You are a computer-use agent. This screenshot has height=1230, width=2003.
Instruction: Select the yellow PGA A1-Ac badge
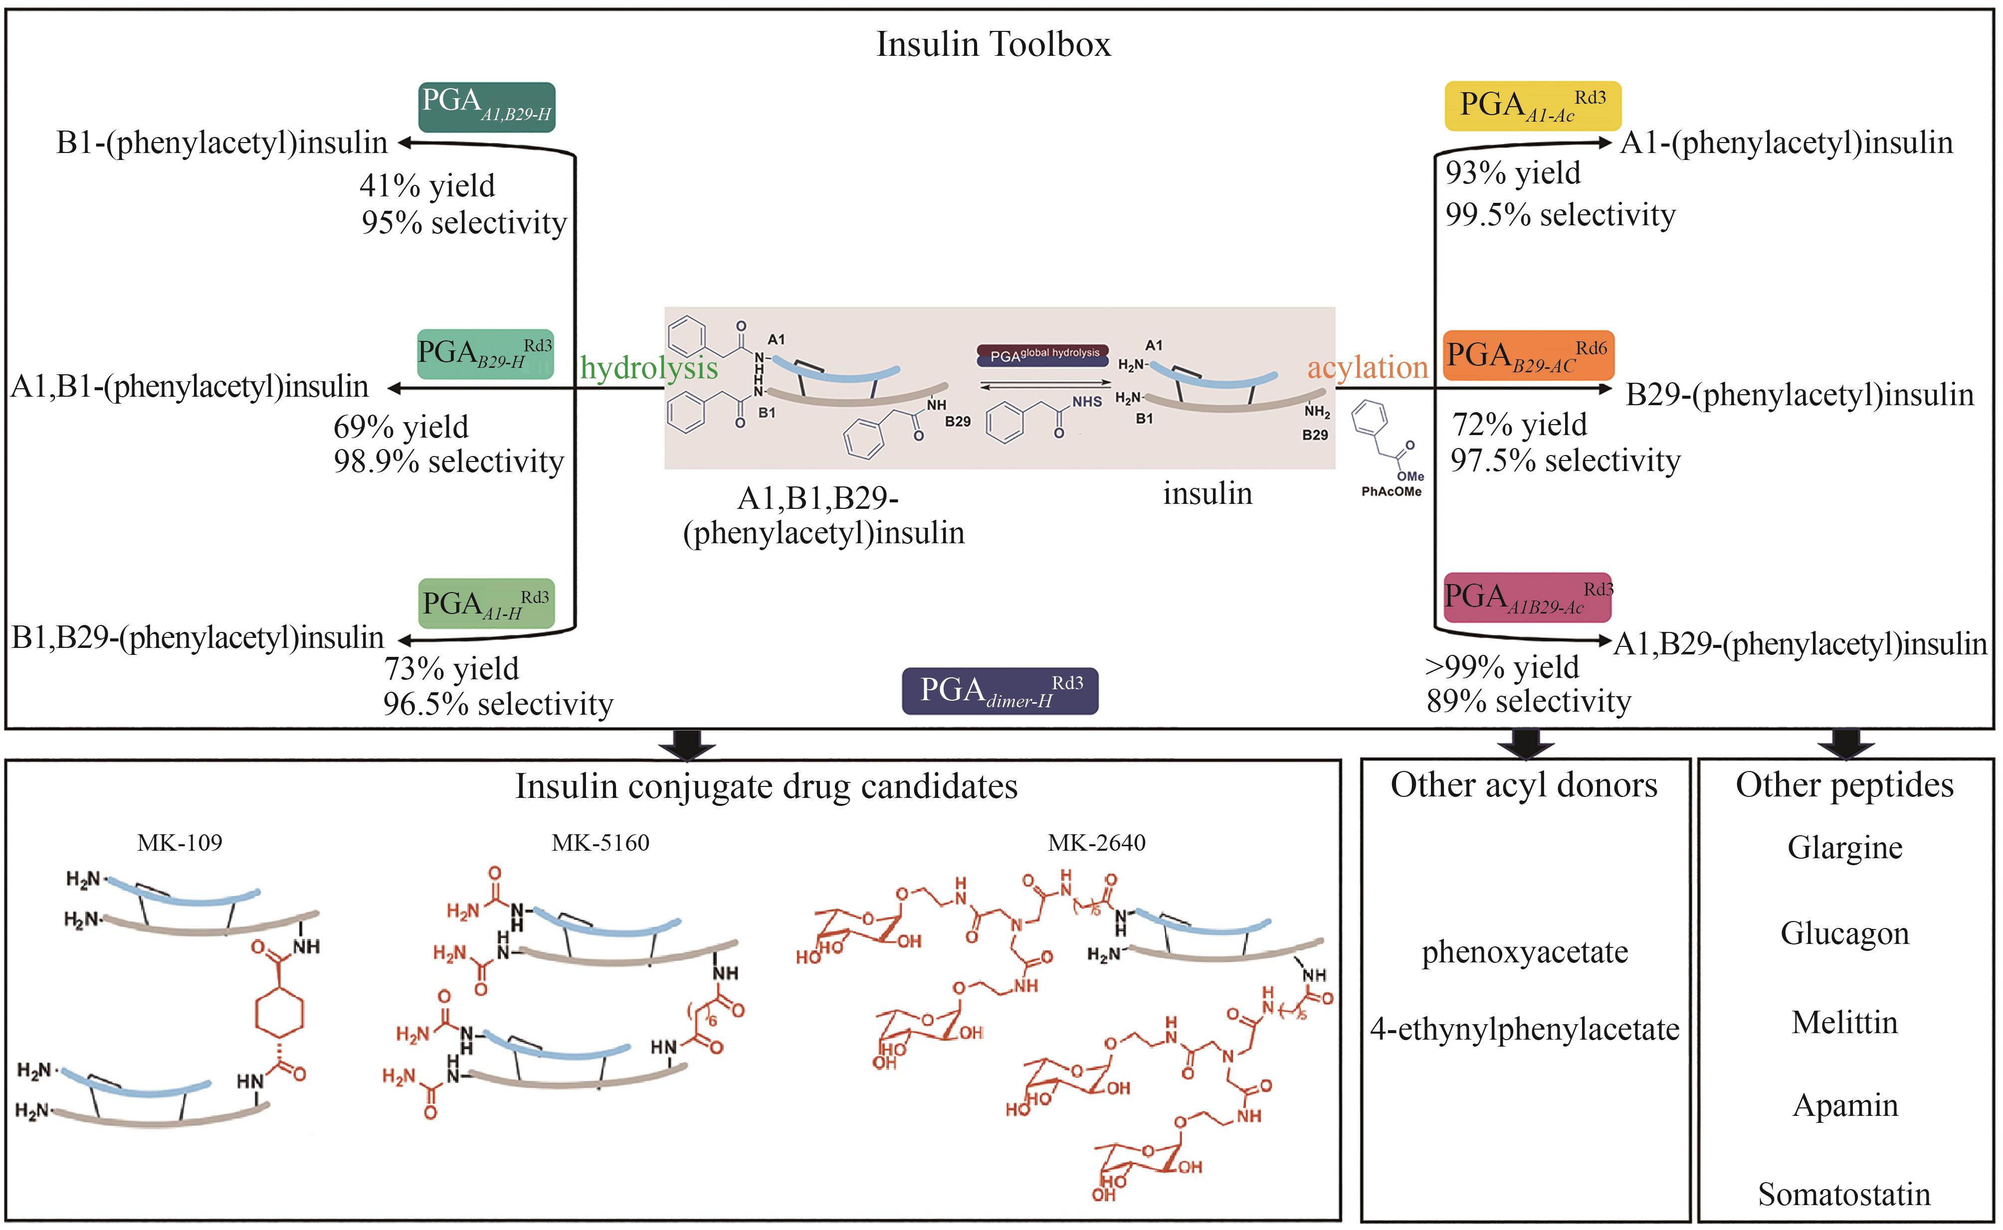1532,106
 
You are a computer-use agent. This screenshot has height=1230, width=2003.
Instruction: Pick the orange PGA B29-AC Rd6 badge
1528,355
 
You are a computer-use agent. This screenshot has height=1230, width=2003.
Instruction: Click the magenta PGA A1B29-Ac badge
1527,597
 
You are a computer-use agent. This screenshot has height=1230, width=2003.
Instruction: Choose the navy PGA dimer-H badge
1000,691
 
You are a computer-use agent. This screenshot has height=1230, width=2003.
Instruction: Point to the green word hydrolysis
649,368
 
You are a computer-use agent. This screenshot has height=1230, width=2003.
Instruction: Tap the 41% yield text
427,185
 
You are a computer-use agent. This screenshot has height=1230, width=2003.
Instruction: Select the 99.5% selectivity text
1560,215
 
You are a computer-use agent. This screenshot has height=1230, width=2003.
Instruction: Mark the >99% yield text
1502,667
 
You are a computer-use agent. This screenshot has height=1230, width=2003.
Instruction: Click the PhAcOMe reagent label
1391,491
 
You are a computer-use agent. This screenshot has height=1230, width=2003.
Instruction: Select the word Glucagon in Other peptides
1844,933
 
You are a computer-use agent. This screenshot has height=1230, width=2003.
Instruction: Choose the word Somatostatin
1844,1194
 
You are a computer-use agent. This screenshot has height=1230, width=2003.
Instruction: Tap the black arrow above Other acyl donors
1526,743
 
